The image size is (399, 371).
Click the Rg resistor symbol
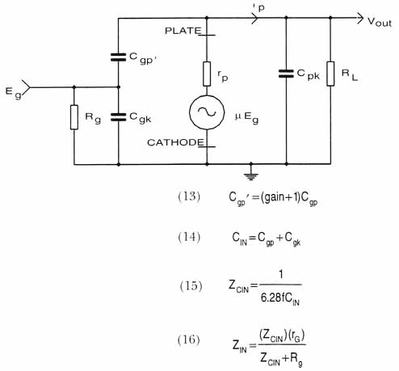(x=74, y=117)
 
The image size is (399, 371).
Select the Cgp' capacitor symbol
(x=119, y=57)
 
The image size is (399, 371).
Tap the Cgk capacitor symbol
(x=119, y=117)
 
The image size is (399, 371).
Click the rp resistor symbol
(x=207, y=74)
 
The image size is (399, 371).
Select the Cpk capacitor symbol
(x=286, y=74)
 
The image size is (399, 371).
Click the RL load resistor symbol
(x=330, y=74)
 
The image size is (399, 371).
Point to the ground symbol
(x=251, y=176)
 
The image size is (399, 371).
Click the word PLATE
(x=183, y=31)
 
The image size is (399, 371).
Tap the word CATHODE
(x=175, y=142)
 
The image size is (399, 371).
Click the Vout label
(x=380, y=22)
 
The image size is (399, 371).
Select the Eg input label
(x=13, y=92)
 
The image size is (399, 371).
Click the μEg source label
(x=246, y=118)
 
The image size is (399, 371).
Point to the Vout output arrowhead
(x=360, y=18)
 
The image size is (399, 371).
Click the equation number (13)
(x=189, y=196)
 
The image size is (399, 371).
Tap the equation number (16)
(x=189, y=339)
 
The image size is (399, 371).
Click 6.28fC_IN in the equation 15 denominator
(x=280, y=299)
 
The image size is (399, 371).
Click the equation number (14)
(x=189, y=238)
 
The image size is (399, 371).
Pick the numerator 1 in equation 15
(x=281, y=275)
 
